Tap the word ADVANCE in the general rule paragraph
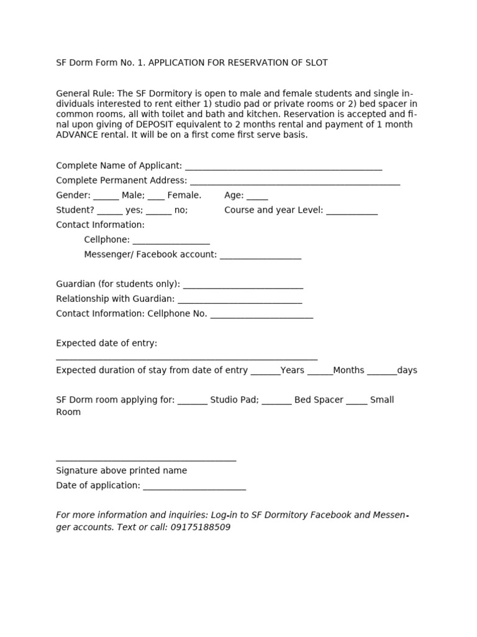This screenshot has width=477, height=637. click(x=78, y=134)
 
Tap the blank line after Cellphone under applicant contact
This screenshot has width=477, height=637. click(x=171, y=241)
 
